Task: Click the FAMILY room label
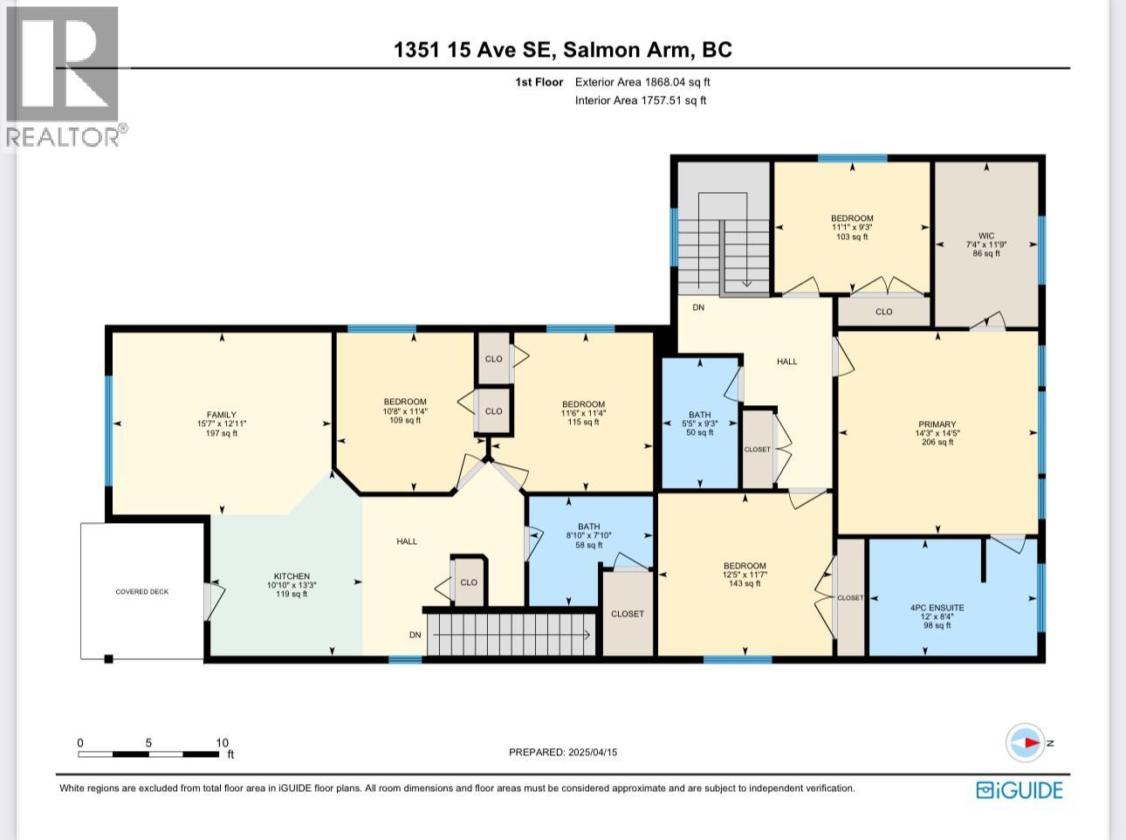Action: click(222, 415)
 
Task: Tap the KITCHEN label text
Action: click(292, 576)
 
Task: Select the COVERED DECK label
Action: click(142, 592)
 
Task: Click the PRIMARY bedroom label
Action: click(937, 424)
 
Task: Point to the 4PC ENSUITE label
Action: click(937, 608)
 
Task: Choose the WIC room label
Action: click(985, 236)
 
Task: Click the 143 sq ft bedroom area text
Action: click(745, 584)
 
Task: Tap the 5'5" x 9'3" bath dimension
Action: click(700, 423)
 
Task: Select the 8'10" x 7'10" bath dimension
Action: click(589, 536)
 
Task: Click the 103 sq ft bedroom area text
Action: click(851, 237)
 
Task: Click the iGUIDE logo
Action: click(1019, 790)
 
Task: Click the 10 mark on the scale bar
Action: click(222, 743)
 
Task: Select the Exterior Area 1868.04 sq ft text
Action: click(642, 82)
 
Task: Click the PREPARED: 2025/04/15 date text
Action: click(563, 753)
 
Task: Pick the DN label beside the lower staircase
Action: click(415, 635)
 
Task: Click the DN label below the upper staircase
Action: click(698, 307)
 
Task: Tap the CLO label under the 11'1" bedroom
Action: click(883, 312)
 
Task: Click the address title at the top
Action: click(563, 50)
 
